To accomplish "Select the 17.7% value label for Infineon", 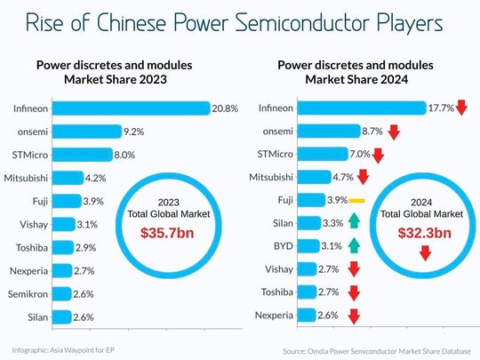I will (440, 108).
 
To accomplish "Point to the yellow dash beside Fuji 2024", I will (357, 199).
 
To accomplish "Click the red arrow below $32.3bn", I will (424, 252).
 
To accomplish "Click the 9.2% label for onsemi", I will (135, 132).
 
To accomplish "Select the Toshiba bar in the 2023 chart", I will (65, 246).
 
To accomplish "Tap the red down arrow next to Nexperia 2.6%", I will (353, 315).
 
